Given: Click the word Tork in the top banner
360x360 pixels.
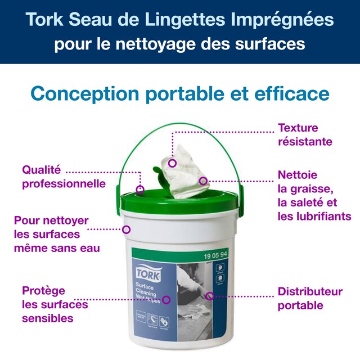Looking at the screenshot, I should (46, 21).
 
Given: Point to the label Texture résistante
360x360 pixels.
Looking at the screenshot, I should (305, 134).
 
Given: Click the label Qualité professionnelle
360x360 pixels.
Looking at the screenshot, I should (63, 176).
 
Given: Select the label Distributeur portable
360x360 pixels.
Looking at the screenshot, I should (309, 298).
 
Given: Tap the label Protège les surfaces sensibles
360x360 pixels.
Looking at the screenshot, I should (55, 304).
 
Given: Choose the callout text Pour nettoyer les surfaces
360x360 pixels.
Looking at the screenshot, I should (56, 233).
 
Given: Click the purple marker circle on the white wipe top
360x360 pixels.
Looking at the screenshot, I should (173, 163).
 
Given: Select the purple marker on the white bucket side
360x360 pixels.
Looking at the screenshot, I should (127, 229).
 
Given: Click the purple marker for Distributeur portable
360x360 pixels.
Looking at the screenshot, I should (209, 296).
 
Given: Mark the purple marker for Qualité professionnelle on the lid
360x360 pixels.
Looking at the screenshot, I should (140, 190).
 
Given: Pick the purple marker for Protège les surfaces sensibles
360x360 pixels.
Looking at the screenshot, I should (166, 300).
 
